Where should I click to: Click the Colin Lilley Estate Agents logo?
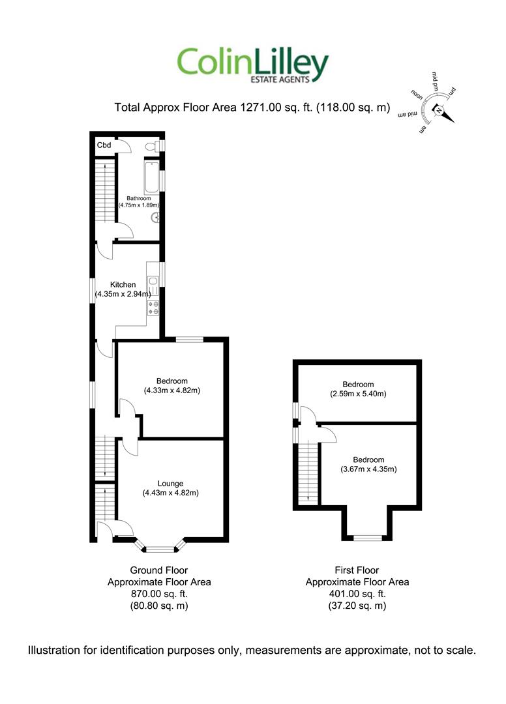pos(253,66)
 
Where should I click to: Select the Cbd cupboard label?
pos(104,145)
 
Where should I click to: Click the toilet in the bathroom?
pos(153,145)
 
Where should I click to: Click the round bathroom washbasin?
pos(155,217)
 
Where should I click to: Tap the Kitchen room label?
pos(123,285)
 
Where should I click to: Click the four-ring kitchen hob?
pos(153,308)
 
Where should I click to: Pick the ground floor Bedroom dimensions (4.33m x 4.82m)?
pos(172,390)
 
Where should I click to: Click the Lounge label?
pos(171,484)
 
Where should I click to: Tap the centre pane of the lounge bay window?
pos(160,549)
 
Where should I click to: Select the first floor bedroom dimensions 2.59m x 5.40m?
pos(358,394)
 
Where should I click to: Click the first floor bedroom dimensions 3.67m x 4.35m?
pos(368,469)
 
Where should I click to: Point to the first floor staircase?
pos(308,473)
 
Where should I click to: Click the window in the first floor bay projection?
pos(367,537)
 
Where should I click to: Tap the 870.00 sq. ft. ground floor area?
pos(159,594)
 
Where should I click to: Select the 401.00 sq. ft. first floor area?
pos(357,594)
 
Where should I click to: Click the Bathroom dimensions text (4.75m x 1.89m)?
pos(139,205)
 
